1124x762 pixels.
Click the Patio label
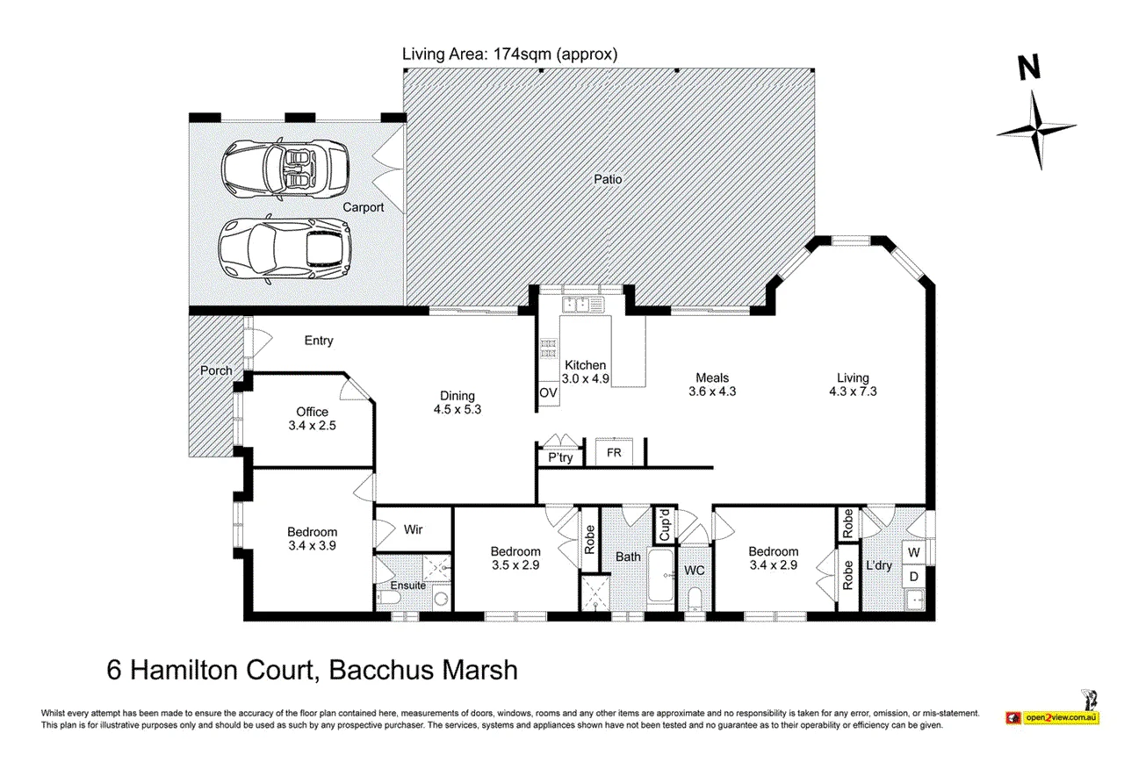pyautogui.click(x=608, y=179)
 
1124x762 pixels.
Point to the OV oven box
pyautogui.click(x=548, y=392)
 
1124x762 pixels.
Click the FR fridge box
pyautogui.click(x=614, y=452)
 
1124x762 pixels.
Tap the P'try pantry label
pyautogui.click(x=560, y=457)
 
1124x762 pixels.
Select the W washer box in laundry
pyautogui.click(x=914, y=552)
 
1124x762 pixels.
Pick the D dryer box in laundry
pyautogui.click(x=914, y=577)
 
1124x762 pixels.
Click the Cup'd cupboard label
pyautogui.click(x=665, y=525)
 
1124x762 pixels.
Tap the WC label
pyautogui.click(x=695, y=570)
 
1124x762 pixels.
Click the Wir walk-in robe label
pyautogui.click(x=413, y=529)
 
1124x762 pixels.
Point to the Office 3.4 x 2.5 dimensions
pyautogui.click(x=312, y=426)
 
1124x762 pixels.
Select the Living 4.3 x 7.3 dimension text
pyautogui.click(x=853, y=392)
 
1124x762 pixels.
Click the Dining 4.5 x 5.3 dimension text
pyautogui.click(x=458, y=409)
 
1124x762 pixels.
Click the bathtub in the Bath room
pyautogui.click(x=660, y=575)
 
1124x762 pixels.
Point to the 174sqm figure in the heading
pyautogui.click(x=522, y=54)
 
